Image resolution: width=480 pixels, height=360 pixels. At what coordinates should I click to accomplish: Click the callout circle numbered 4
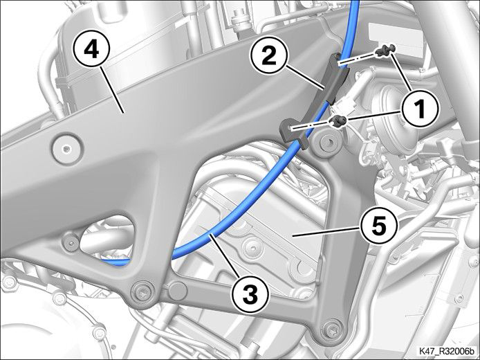click(x=91, y=51)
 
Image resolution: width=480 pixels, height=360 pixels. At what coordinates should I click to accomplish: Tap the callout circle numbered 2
click(x=269, y=57)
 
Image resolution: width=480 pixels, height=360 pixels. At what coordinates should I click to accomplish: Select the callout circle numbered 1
click(x=420, y=109)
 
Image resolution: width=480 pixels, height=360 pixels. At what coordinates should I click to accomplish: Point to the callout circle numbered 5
click(x=378, y=226)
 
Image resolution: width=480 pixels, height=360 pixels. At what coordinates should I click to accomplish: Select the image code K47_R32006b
click(x=446, y=351)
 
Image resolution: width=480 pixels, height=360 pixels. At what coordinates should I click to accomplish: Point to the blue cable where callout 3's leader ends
click(x=211, y=235)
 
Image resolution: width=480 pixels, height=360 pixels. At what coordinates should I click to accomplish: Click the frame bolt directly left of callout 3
click(x=142, y=294)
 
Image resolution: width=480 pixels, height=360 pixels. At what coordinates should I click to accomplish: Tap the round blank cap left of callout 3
click(x=178, y=290)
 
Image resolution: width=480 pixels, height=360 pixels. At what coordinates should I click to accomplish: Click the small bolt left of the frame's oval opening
click(x=71, y=243)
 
